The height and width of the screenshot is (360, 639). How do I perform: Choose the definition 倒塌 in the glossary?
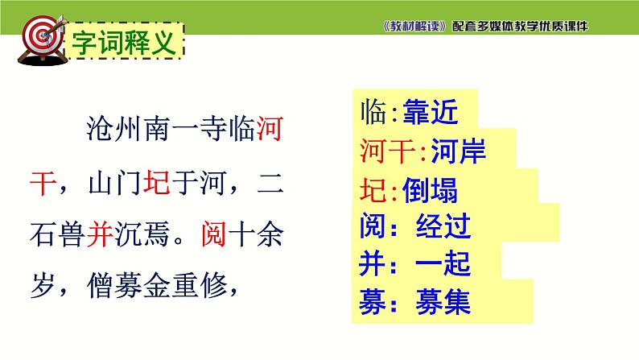pyautogui.click(x=430, y=190)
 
